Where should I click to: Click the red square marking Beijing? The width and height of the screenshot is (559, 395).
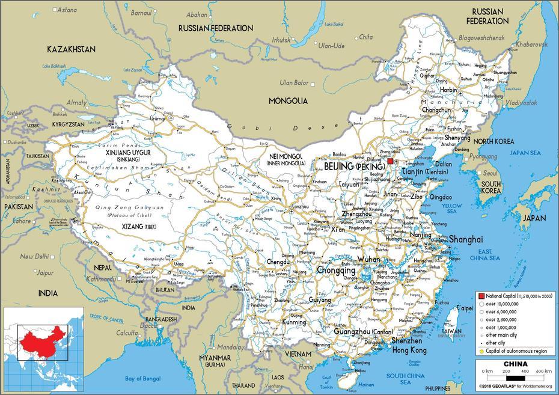[x=390, y=162]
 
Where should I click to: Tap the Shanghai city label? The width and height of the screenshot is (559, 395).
[x=466, y=239]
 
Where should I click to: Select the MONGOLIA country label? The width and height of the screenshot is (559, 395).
[x=288, y=101]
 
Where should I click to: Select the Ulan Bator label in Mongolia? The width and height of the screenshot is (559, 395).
[x=294, y=82]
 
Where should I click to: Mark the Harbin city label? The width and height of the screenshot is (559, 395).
[x=448, y=90]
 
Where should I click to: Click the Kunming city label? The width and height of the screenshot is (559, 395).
[x=294, y=322]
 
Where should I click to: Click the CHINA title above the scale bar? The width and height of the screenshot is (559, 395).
[x=515, y=364]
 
